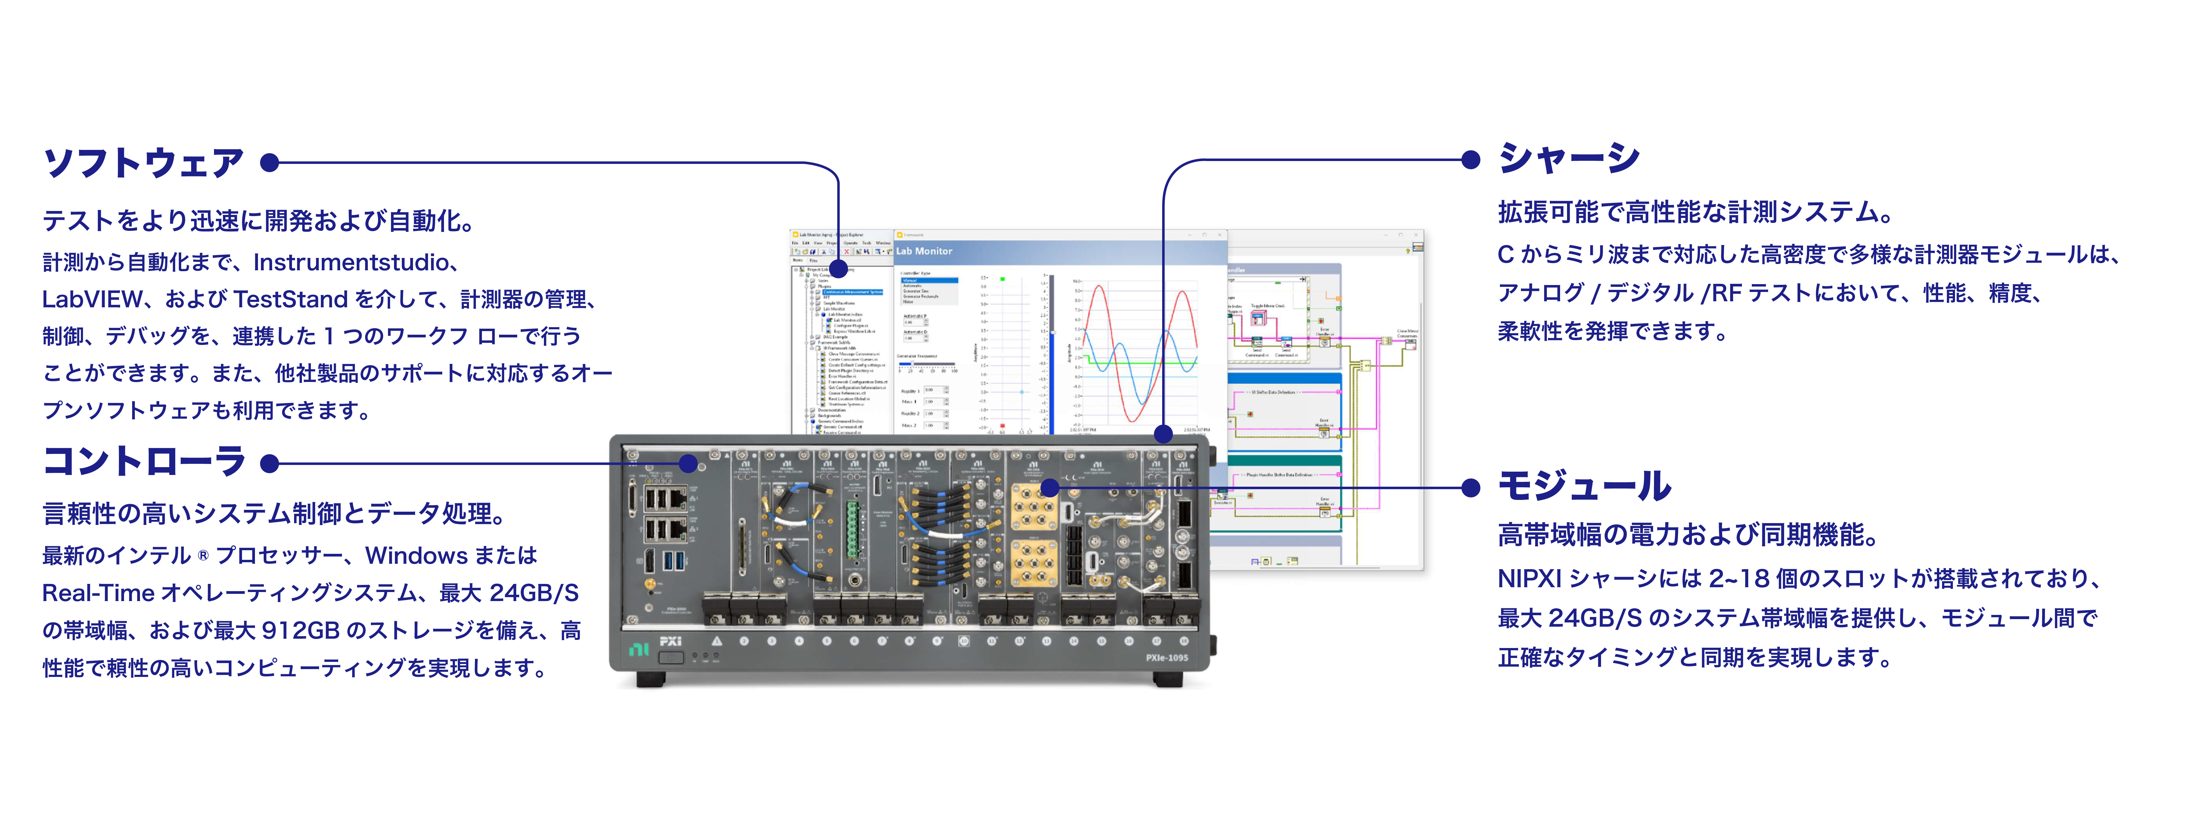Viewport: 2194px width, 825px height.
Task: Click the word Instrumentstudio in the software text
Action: tap(349, 262)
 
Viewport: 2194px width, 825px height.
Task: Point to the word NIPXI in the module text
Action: tap(1529, 579)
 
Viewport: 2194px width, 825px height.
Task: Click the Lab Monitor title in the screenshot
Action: tap(924, 251)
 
